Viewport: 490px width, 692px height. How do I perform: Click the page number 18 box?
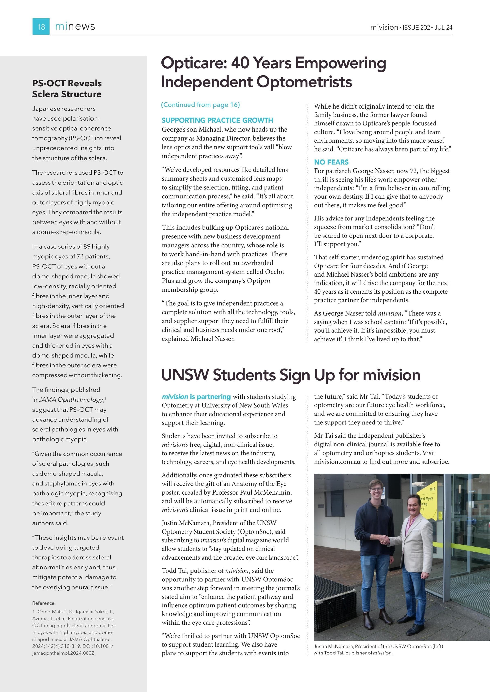[41, 27]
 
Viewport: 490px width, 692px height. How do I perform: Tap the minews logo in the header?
[75, 27]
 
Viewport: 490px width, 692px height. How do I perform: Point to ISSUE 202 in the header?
[416, 27]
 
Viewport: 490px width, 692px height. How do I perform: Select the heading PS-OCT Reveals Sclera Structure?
[67, 89]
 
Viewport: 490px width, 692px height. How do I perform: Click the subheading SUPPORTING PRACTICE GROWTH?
[217, 120]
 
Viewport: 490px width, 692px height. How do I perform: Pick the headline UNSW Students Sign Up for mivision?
[291, 375]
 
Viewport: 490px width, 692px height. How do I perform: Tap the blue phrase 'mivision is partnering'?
[196, 397]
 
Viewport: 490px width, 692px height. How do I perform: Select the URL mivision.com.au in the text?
[337, 462]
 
